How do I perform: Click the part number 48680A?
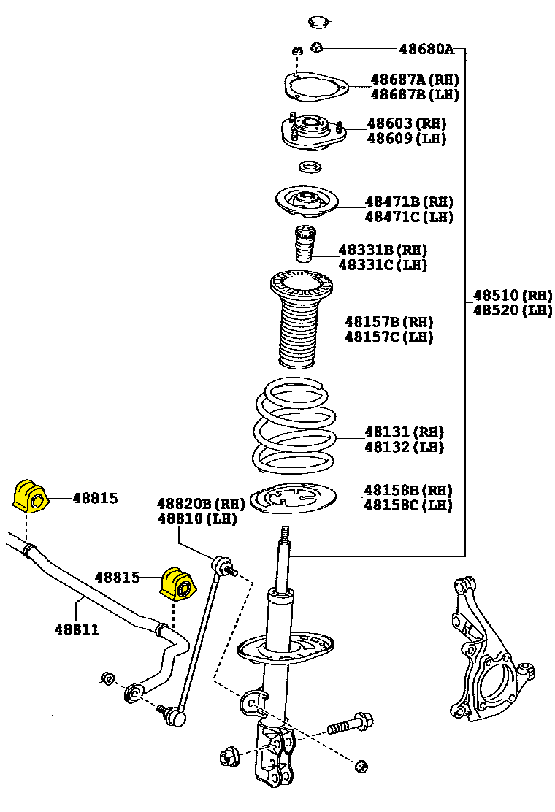(426, 50)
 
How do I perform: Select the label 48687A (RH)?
(415, 79)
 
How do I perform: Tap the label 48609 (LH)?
(406, 138)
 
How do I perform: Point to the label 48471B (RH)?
(409, 202)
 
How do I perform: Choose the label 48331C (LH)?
(383, 265)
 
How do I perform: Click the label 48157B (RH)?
(389, 321)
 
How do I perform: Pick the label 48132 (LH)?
(404, 447)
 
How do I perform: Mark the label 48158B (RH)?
(408, 489)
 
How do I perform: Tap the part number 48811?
(77, 628)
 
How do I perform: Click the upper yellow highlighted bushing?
(30, 496)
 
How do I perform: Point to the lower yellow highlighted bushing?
(177, 583)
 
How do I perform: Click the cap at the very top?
(318, 21)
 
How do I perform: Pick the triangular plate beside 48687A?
(315, 88)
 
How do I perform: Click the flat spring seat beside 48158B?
(292, 500)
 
